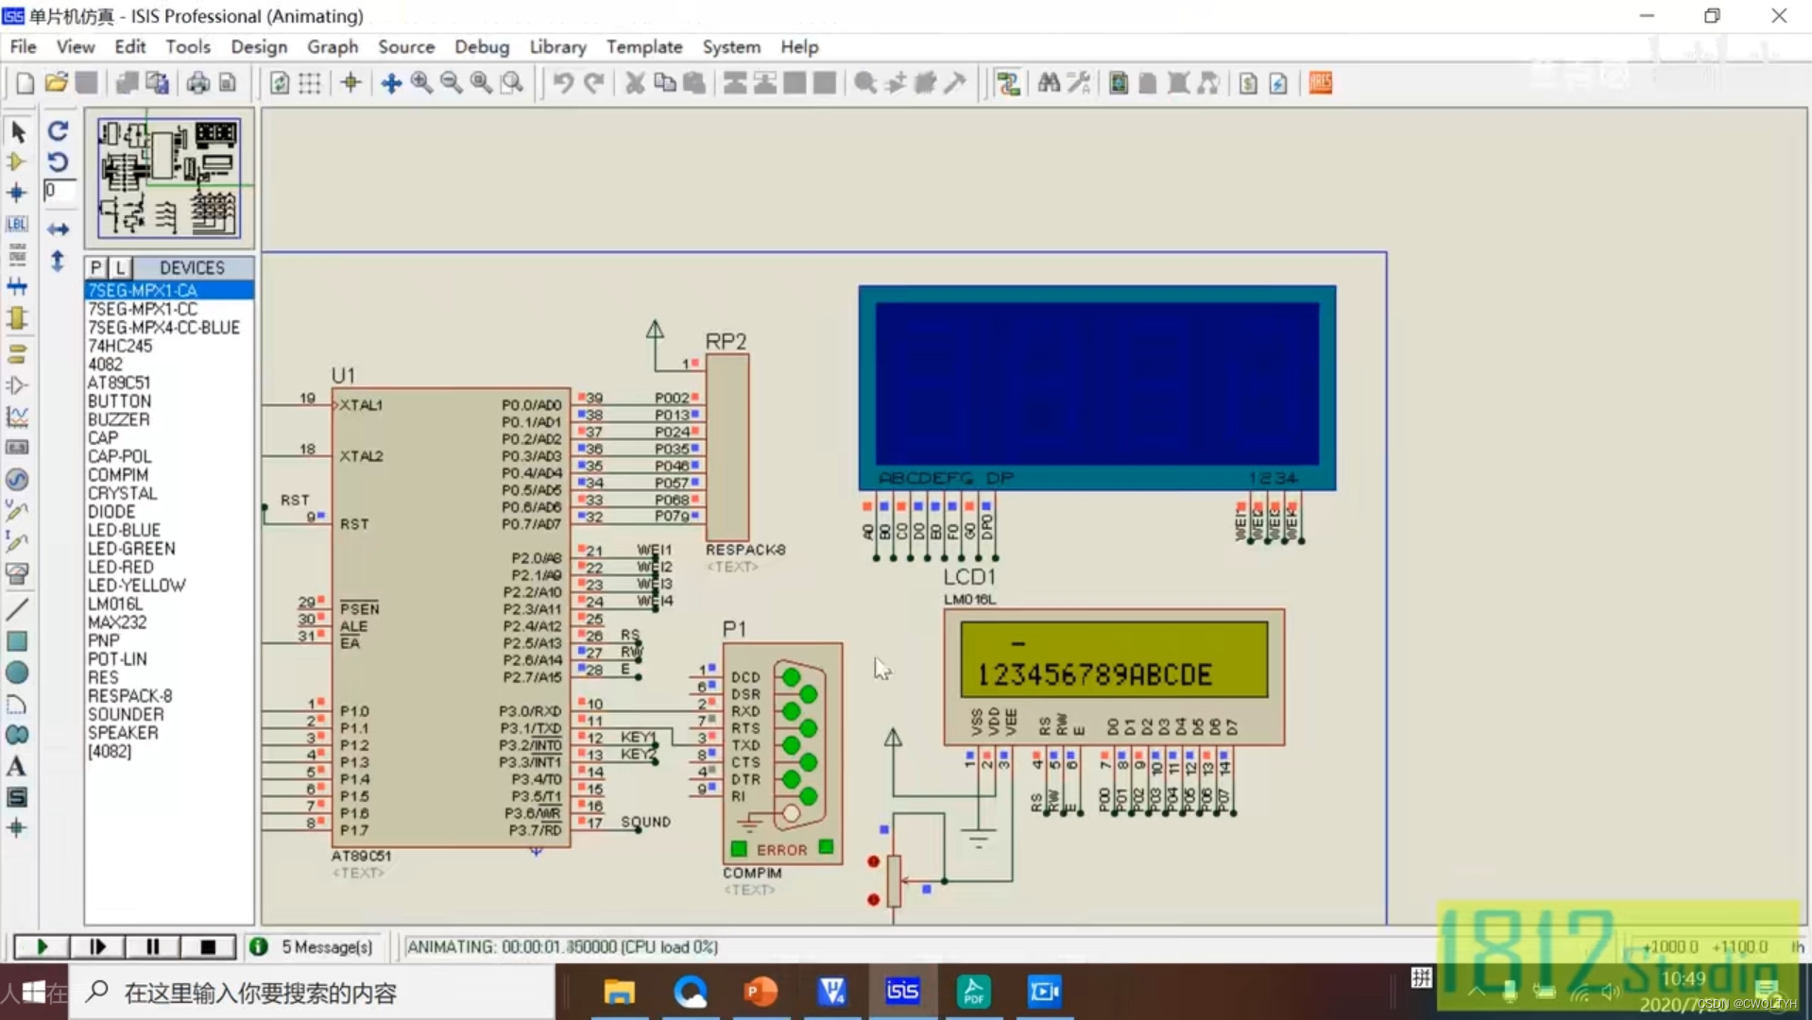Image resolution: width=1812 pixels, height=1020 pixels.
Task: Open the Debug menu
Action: tap(481, 46)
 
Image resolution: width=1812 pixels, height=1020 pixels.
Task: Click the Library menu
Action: tap(557, 46)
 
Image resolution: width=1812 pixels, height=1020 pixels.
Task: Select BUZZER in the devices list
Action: tap(119, 419)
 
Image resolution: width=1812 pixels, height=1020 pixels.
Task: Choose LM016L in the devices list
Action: tap(115, 603)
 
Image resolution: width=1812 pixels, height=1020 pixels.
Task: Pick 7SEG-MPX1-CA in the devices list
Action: tap(143, 290)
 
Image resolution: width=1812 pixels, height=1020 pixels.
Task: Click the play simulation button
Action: tap(42, 946)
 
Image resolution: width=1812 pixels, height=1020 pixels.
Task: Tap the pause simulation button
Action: tap(152, 946)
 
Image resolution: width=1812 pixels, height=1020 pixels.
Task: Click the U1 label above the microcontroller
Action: tap(343, 375)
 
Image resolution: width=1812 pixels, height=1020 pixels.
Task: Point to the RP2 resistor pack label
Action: tap(726, 341)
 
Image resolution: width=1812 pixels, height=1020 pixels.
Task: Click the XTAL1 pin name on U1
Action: tap(361, 405)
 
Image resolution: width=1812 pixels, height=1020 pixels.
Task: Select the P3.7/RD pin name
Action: tap(535, 830)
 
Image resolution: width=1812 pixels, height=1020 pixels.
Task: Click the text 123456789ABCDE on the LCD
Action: tap(1094, 674)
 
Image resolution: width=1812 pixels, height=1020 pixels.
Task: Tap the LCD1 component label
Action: tap(969, 576)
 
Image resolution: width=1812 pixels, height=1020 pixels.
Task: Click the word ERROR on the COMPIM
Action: tap(781, 850)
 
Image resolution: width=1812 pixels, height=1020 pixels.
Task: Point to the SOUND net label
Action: tap(646, 822)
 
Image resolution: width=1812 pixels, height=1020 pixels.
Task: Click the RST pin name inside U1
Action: tap(354, 524)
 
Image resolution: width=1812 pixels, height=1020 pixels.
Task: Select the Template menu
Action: tap(643, 46)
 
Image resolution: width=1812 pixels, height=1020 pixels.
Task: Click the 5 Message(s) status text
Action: tap(327, 946)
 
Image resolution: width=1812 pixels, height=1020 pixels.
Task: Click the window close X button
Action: tap(1779, 16)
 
